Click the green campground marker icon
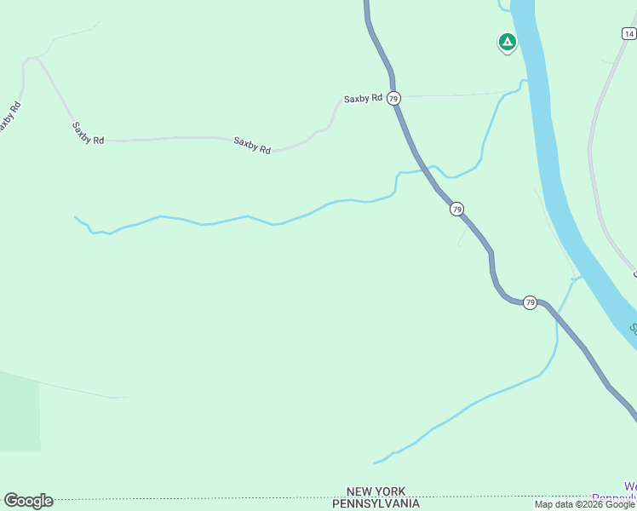pos(507,42)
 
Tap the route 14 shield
pos(628,34)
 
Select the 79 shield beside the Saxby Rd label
pos(393,99)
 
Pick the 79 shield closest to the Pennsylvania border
pos(530,303)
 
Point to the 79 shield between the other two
pos(457,209)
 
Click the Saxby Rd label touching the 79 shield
pos(363,99)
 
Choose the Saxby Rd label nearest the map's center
pos(252,146)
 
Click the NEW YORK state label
pos(376,491)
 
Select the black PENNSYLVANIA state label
pos(376,503)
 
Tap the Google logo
pos(28,501)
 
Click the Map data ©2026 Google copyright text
pos(585,504)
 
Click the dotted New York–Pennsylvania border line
pos(213,497)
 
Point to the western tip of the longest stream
pos(75,217)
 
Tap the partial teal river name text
pos(633,327)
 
